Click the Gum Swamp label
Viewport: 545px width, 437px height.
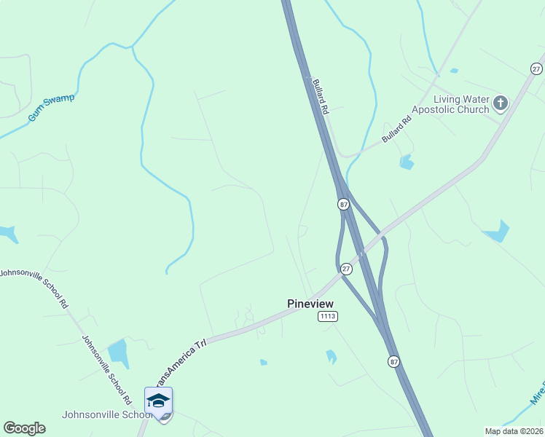click(51, 108)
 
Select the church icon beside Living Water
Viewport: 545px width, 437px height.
click(500, 103)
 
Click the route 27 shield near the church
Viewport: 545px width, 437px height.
click(536, 68)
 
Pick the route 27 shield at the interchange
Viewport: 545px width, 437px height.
click(347, 269)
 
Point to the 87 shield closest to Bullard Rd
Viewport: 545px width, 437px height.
click(343, 205)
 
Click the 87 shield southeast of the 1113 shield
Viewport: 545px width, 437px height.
click(394, 361)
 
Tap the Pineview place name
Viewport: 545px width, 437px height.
click(310, 303)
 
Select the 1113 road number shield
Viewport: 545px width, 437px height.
click(327, 316)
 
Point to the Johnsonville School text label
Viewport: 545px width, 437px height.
click(106, 415)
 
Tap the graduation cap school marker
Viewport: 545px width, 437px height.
click(158, 400)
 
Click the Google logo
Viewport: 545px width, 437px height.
click(24, 428)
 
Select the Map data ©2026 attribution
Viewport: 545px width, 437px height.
click(514, 431)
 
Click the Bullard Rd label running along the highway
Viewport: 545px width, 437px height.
click(321, 95)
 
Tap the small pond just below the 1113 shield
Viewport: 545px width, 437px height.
click(332, 356)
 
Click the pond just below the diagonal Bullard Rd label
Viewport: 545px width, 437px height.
click(407, 162)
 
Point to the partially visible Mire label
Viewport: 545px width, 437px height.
click(536, 393)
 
